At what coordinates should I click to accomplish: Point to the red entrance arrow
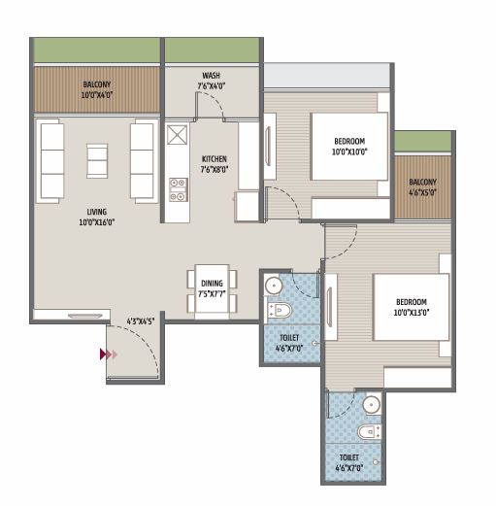[x=107, y=355]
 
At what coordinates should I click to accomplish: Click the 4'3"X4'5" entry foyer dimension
[x=141, y=320]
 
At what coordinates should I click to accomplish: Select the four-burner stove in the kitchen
[x=178, y=188]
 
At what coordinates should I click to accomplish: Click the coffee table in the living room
[x=97, y=159]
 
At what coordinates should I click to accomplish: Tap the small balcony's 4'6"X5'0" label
[x=422, y=186]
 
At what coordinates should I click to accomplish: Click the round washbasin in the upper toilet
[x=274, y=286]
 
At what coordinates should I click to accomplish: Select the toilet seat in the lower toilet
[x=365, y=432]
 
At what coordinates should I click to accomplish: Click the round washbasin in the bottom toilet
[x=370, y=404]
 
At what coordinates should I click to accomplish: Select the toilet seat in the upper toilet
[x=281, y=311]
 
